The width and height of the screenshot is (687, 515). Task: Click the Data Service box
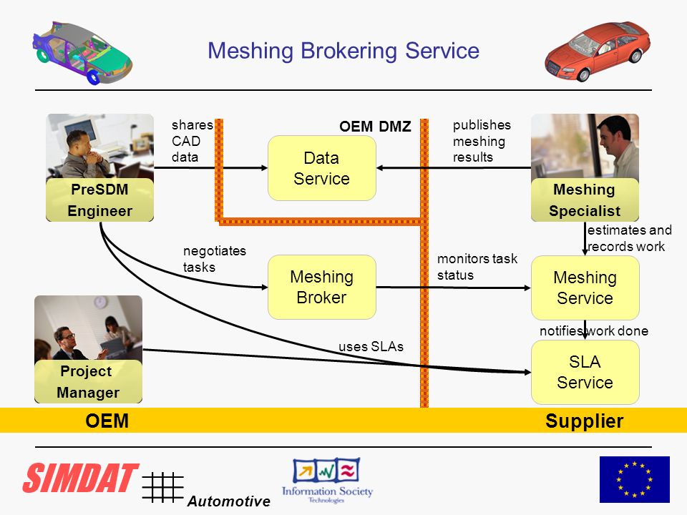321,168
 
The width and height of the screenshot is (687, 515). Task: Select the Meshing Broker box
321,288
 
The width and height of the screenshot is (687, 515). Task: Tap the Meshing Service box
585,288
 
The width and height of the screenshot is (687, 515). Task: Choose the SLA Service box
585,372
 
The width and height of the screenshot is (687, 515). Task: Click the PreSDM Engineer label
100,200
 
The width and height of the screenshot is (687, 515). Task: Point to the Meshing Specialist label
585,200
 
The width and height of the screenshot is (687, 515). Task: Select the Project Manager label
88,381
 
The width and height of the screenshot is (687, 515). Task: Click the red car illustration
598,51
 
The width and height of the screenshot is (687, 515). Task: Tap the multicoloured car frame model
82,52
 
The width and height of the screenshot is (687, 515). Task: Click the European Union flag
635,479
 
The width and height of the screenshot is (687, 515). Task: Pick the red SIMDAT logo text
81,478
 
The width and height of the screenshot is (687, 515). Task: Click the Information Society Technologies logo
327,481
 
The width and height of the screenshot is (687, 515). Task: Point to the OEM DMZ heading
375,127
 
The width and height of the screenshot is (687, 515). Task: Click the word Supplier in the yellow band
585,421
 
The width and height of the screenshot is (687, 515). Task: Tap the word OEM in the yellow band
107,421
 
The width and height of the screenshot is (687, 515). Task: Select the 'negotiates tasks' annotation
215,259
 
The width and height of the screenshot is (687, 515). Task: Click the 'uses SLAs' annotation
371,346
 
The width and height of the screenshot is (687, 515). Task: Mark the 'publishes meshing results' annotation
482,141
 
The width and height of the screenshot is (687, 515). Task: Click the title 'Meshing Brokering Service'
343,51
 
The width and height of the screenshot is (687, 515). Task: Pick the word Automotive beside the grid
229,501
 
